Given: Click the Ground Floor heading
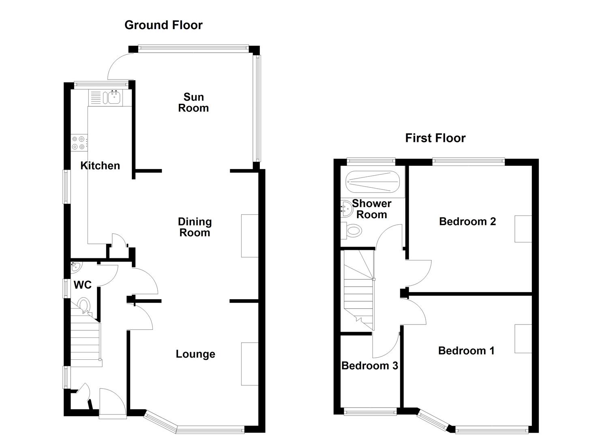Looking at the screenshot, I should (x=163, y=25).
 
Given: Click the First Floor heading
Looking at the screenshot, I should (x=435, y=138).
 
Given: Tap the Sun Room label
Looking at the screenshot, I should (x=193, y=103).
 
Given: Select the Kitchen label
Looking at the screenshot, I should (x=100, y=165).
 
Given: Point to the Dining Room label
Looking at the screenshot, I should (x=195, y=227).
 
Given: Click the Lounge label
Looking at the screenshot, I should (x=195, y=354).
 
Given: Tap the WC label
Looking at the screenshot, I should (x=82, y=285).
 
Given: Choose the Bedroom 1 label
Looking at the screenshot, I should (x=466, y=350).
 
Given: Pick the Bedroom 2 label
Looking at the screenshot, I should (x=467, y=221).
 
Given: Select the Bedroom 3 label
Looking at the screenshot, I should (x=370, y=366).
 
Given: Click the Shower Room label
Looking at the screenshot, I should (x=372, y=209).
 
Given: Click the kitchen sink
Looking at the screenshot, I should (x=114, y=97).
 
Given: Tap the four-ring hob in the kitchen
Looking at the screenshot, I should (x=79, y=142).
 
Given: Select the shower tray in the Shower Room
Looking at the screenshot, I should (x=373, y=182).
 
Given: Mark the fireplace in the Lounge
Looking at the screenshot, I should (x=250, y=364).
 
